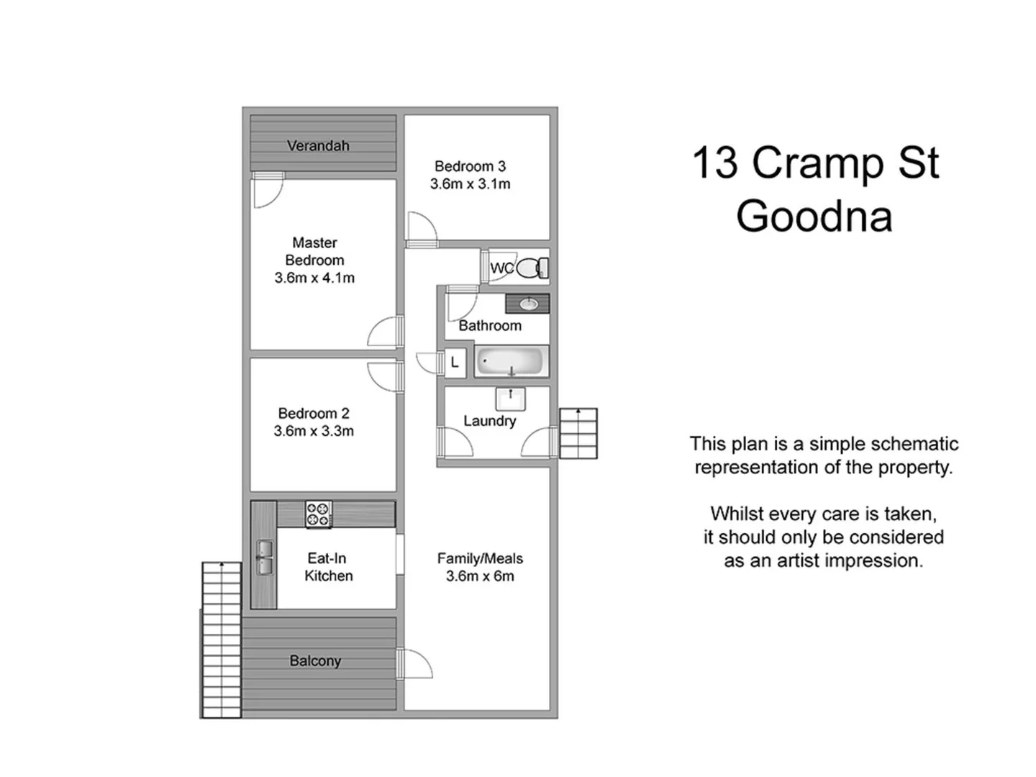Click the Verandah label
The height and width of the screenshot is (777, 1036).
click(318, 145)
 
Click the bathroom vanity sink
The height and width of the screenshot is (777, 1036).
click(529, 304)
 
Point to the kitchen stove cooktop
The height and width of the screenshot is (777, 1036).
click(318, 514)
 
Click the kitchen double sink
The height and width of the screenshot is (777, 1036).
click(265, 558)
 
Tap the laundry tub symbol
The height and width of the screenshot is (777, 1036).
click(511, 399)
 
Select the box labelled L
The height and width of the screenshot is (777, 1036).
click(455, 363)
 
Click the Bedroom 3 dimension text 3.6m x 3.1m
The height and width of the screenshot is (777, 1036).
click(471, 184)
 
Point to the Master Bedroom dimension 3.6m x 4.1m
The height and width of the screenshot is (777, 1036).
click(314, 278)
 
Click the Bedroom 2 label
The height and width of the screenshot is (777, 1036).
click(314, 413)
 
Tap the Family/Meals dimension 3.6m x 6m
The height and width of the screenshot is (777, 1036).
click(480, 576)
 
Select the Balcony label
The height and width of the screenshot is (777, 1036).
click(315, 660)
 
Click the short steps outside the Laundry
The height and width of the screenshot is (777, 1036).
click(578, 433)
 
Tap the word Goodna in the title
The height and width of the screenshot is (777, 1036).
click(814, 216)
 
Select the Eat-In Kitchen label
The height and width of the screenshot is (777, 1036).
click(328, 567)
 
